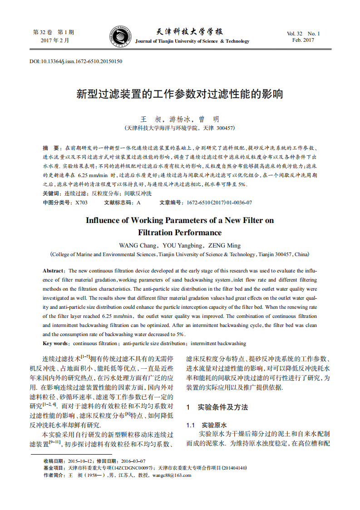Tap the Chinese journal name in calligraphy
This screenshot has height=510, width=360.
189,32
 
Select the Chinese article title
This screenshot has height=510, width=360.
180,94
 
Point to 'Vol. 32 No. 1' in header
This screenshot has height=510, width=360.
303,34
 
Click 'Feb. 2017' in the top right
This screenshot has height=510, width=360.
303,40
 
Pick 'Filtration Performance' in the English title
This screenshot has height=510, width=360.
180,233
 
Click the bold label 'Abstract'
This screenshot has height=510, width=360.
53,271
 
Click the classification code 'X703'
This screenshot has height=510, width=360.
81,203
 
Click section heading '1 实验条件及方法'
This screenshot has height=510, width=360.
217,407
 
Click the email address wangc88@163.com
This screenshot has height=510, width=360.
172,475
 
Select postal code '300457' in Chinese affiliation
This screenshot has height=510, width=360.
225,128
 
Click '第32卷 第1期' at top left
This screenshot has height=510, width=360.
54,33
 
